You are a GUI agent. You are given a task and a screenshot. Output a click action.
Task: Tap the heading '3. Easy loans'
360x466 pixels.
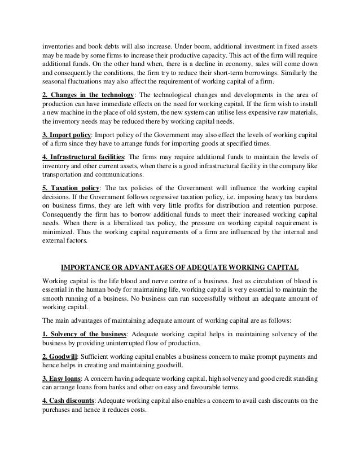tap(62, 377)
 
